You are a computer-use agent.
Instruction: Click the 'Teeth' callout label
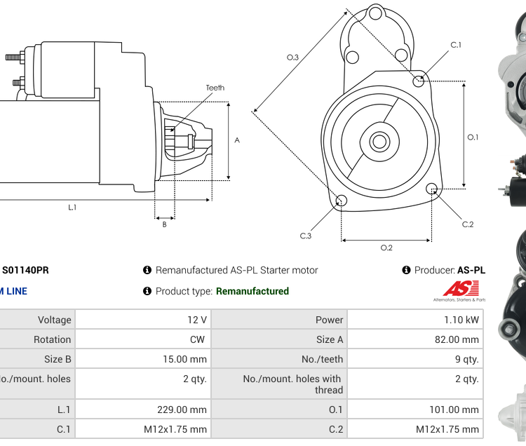pos(215,88)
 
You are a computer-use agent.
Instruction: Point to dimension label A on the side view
pos(237,140)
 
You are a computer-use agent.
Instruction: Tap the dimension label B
pos(164,224)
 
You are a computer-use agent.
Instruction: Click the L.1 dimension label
pos(72,207)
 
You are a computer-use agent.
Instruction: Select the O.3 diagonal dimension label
pos(293,58)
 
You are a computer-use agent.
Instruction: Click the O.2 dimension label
pos(386,248)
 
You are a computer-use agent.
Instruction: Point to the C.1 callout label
pos(456,46)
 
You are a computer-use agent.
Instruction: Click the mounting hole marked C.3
pos(341,201)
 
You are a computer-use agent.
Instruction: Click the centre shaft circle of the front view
pos(379,142)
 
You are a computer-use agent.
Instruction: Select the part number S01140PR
pos(26,270)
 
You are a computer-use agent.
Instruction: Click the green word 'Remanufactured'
pos(252,291)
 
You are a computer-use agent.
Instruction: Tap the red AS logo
pos(461,288)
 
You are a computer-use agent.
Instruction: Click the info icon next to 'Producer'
pos(407,270)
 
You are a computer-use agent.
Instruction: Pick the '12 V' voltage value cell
pos(196,320)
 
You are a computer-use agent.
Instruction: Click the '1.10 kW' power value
pos(462,320)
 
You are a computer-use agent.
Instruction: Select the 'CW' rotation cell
pos(197,339)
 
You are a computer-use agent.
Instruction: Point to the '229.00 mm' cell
pos(182,410)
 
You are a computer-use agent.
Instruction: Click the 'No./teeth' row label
pos(322,359)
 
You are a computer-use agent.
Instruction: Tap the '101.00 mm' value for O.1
pos(454,410)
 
